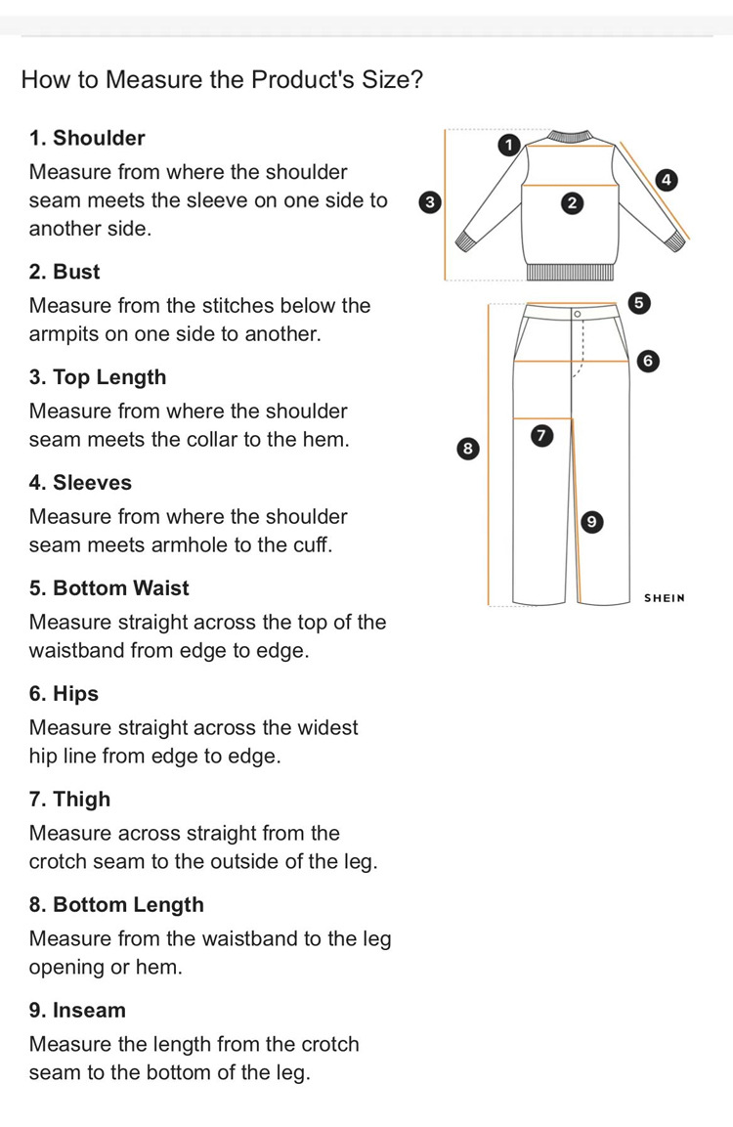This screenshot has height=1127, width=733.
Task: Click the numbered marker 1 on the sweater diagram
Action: pyautogui.click(x=506, y=146)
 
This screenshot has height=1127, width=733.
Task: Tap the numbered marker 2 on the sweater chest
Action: pyautogui.click(x=573, y=202)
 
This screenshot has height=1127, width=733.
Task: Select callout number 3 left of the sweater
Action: pyautogui.click(x=427, y=202)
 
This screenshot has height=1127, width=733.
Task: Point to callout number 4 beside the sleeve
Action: pyautogui.click(x=667, y=179)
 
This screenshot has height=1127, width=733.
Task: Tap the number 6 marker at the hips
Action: pyautogui.click(x=645, y=361)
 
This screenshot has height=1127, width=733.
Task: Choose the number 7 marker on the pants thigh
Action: pyautogui.click(x=539, y=434)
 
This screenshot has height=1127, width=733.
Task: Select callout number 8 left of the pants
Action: pyautogui.click(x=467, y=449)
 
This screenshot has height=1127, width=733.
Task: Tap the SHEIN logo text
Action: pyautogui.click(x=665, y=597)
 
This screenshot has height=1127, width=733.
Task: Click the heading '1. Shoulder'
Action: pyautogui.click(x=87, y=138)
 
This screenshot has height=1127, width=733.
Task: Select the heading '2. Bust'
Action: pyautogui.click(x=65, y=271)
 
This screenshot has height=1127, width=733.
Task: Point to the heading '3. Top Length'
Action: pyautogui.click(x=98, y=376)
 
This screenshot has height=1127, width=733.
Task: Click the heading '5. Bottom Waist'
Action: pyautogui.click(x=108, y=587)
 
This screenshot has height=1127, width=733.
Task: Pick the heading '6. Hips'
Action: pyautogui.click(x=64, y=693)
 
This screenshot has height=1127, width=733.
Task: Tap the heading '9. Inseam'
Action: pyautogui.click(x=77, y=1010)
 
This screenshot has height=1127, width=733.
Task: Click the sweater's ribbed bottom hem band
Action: pyautogui.click(x=572, y=272)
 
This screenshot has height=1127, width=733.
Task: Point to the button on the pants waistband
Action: pyautogui.click(x=577, y=313)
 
